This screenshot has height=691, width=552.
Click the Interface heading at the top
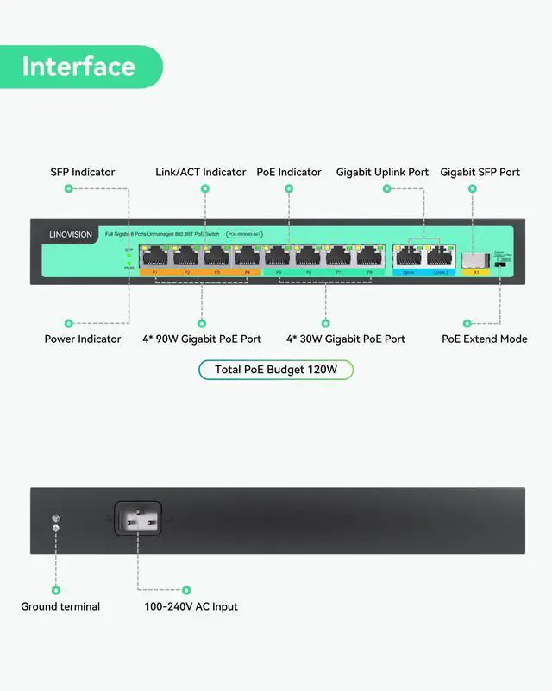pyautogui.click(x=78, y=67)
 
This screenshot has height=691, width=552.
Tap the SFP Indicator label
pyautogui.click(x=82, y=172)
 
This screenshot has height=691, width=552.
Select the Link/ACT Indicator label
pyautogui.click(x=200, y=172)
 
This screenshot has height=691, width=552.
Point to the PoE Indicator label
pyautogui.click(x=289, y=172)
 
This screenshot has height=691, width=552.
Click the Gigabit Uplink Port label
pyautogui.click(x=382, y=172)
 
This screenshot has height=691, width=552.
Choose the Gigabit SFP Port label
pyautogui.click(x=480, y=172)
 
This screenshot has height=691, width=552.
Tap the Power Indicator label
pyautogui.click(x=83, y=339)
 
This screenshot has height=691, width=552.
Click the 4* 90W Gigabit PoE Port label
pyautogui.click(x=202, y=339)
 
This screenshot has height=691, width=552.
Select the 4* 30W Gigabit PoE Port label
pyautogui.click(x=346, y=339)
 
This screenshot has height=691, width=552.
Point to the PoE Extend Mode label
pyautogui.click(x=485, y=339)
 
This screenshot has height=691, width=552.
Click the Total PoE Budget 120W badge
pyautogui.click(x=275, y=370)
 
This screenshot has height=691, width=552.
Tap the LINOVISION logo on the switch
pyautogui.click(x=70, y=233)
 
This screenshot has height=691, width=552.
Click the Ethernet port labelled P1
pyautogui.click(x=155, y=257)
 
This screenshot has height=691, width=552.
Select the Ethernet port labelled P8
pyautogui.click(x=370, y=257)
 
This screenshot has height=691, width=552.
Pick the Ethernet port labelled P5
pyautogui.click(x=278, y=257)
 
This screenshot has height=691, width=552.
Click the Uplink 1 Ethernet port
pyautogui.click(x=408, y=257)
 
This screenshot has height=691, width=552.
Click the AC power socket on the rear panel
pyautogui.click(x=138, y=521)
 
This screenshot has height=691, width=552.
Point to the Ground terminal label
pyautogui.click(x=60, y=606)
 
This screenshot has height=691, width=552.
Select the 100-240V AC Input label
pyautogui.click(x=191, y=606)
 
